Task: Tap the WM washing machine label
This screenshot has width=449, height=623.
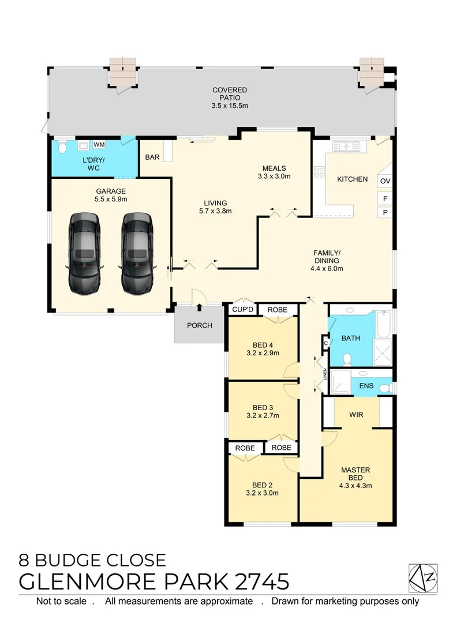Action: pos(99,144)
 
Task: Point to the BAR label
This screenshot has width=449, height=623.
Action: pos(152,157)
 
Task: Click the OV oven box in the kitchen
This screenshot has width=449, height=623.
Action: pos(385,181)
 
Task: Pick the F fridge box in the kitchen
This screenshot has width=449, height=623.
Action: pos(385,198)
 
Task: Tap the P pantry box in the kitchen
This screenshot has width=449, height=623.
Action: pos(385,213)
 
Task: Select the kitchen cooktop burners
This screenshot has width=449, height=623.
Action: pos(319,171)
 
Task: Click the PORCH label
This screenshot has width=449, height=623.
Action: pos(199,325)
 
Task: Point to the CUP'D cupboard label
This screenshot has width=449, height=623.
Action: pos(243,310)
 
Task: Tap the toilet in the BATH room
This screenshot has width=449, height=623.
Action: pos(347,361)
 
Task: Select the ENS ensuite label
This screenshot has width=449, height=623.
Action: pos(366,386)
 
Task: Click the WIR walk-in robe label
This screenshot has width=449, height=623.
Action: pos(356,415)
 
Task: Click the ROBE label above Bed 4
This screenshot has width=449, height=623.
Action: pos(278,310)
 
